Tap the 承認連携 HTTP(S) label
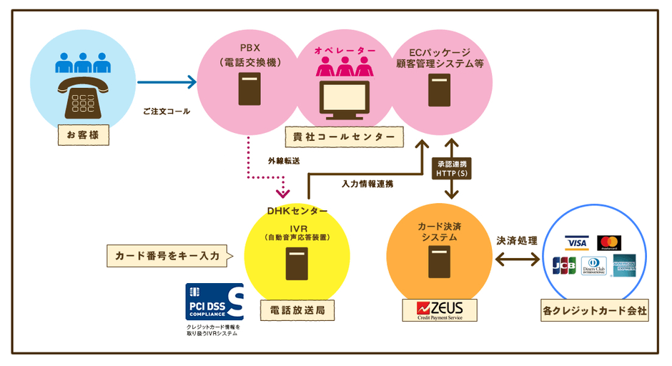click(x=451, y=168)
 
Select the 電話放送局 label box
click(x=297, y=311)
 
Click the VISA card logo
click(x=576, y=242)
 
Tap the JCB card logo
click(x=564, y=265)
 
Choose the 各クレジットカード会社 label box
click(x=595, y=311)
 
